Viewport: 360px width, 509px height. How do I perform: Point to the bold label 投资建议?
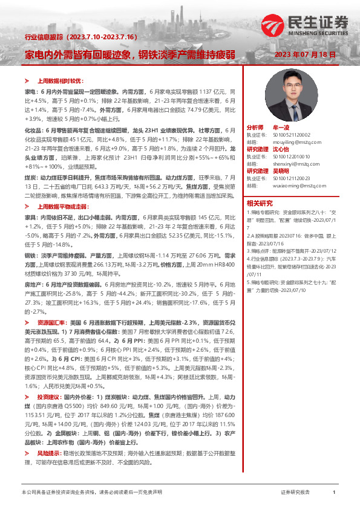(x=48, y=397)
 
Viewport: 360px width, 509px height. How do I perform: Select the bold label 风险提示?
(x=48, y=453)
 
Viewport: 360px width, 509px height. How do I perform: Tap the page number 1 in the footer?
(x=334, y=493)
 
